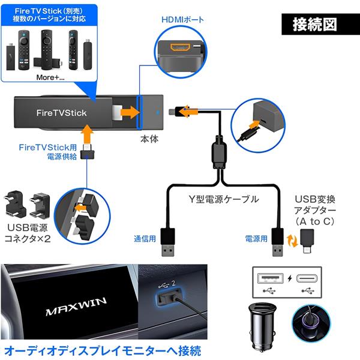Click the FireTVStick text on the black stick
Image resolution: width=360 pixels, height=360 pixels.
tap(61, 112)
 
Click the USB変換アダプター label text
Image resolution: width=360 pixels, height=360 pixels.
tap(319, 209)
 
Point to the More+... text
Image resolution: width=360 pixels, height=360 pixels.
tap(46, 77)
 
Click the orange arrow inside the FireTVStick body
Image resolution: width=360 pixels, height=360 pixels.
tap(128, 112)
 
